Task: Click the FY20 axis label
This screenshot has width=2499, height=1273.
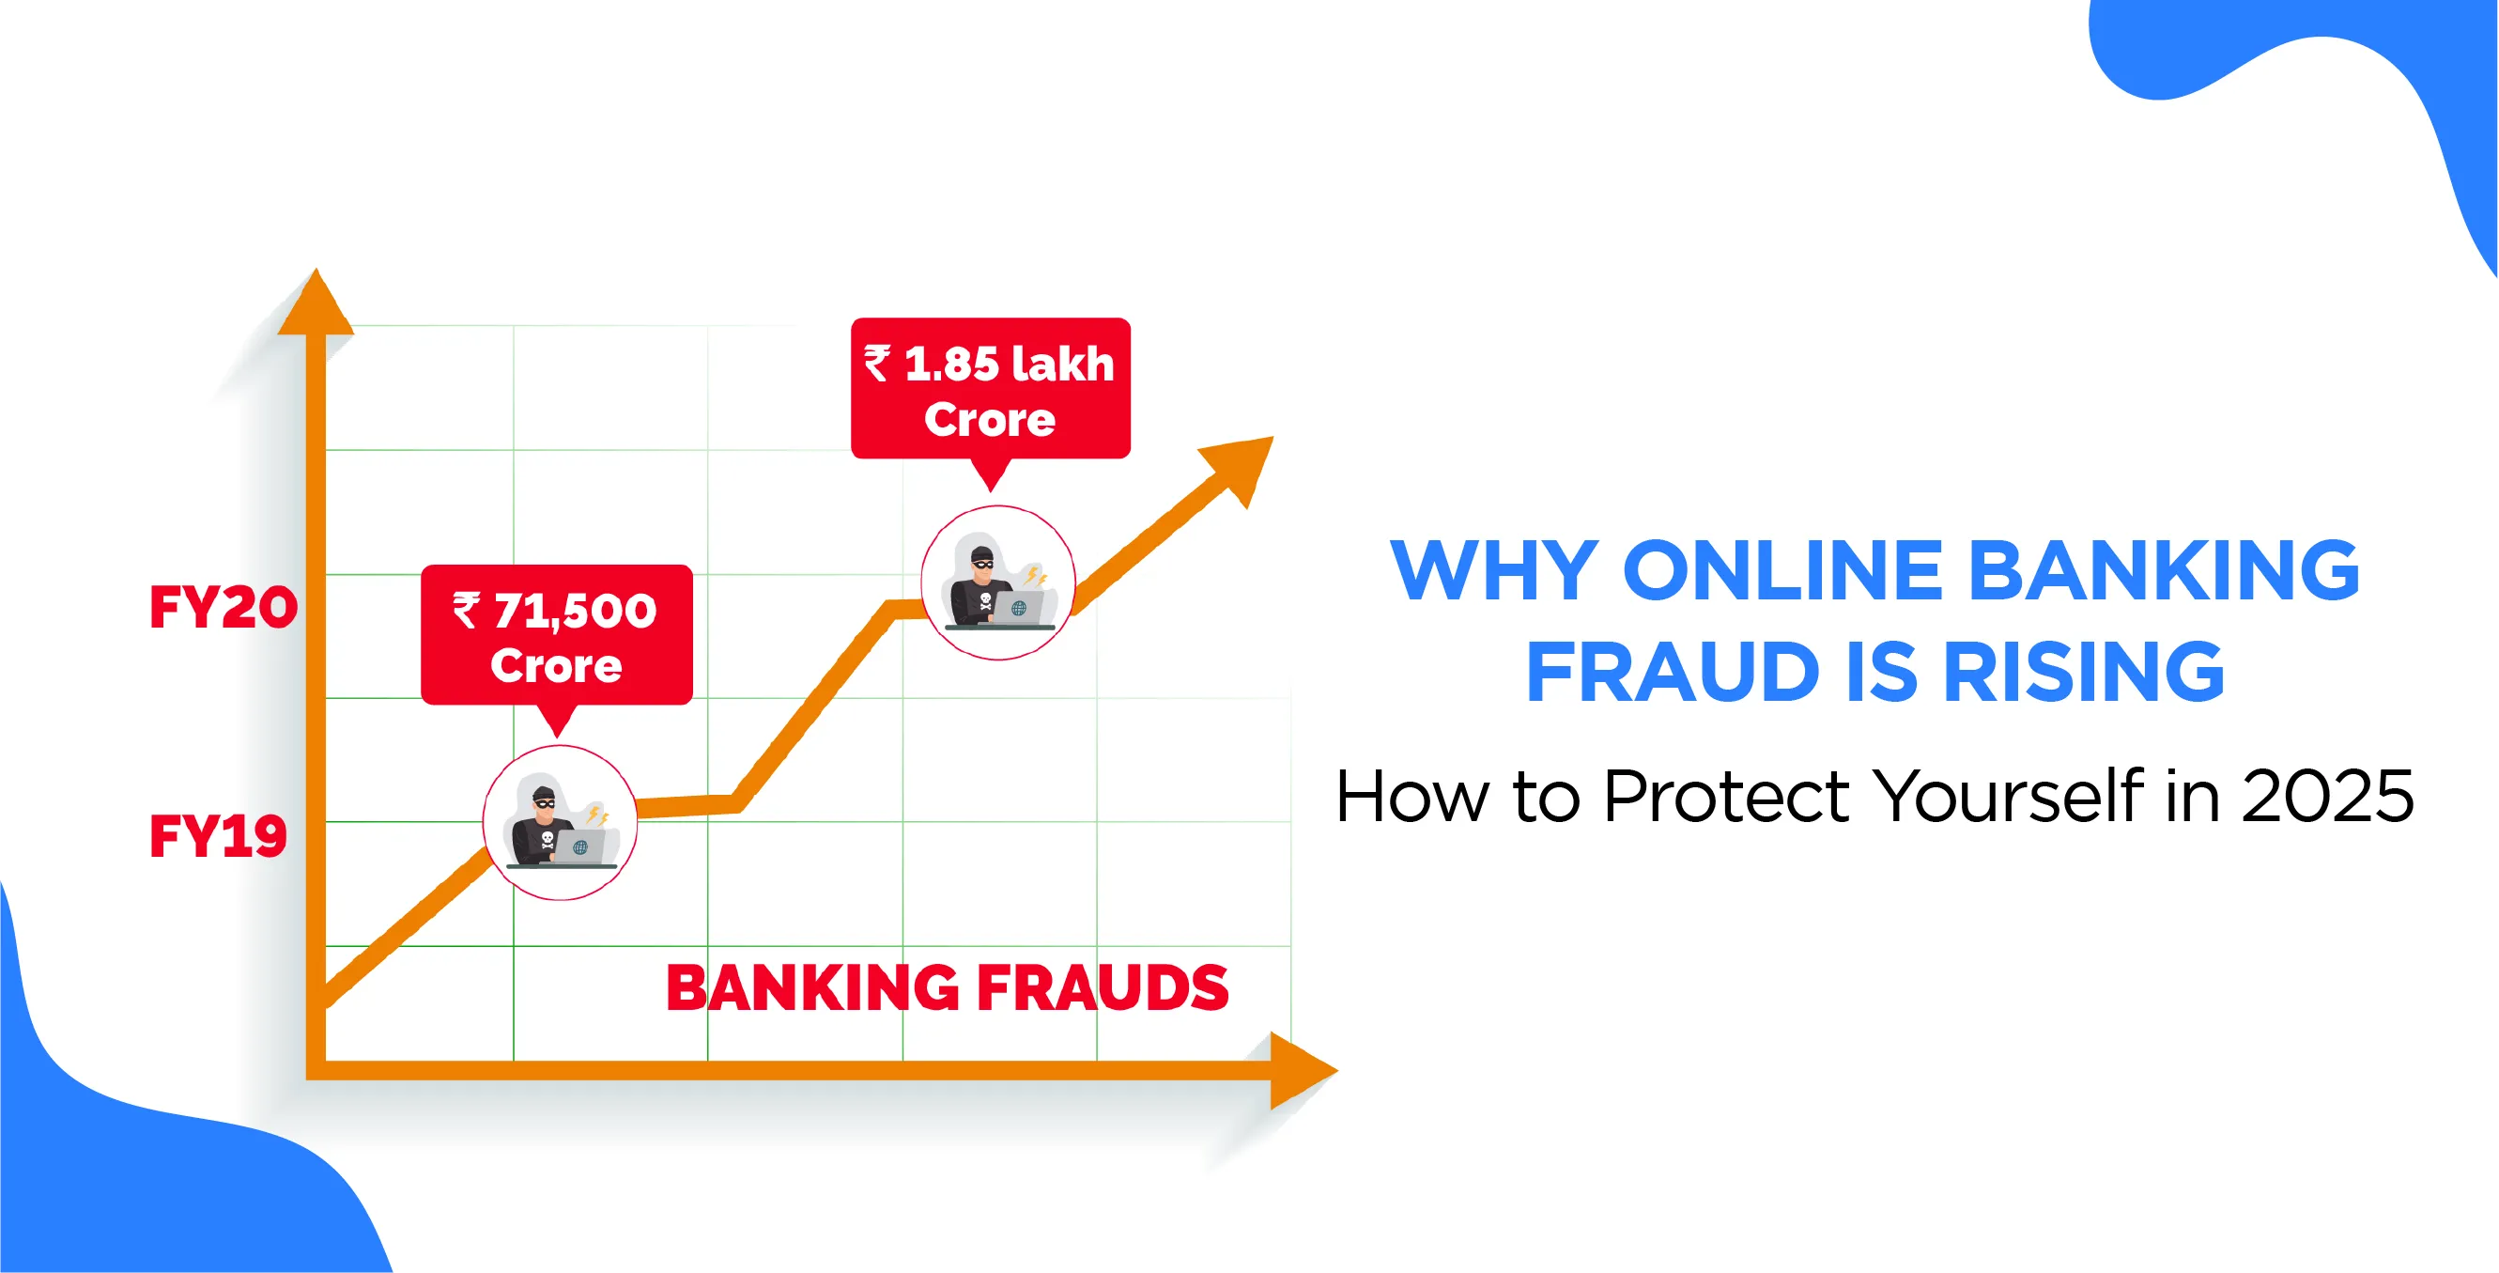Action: [x=224, y=608]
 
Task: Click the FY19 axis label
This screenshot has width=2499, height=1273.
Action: [x=218, y=835]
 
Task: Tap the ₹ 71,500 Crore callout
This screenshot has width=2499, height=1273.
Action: [x=557, y=635]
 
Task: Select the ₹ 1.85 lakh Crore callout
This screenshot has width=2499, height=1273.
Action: [x=991, y=389]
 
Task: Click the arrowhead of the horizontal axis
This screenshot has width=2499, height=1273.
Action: [x=1303, y=1070]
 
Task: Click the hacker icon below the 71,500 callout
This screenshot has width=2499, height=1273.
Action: [x=560, y=823]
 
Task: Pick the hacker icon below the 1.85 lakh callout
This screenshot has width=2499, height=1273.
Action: [x=998, y=583]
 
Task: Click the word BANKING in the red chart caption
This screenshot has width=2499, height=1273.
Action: [x=813, y=988]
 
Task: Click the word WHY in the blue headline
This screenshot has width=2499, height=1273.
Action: [x=1495, y=570]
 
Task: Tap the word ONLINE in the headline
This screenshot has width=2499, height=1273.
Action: [x=1783, y=570]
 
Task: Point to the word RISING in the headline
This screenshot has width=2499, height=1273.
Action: [x=2084, y=672]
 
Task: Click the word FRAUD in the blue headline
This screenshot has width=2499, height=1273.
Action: [x=1673, y=672]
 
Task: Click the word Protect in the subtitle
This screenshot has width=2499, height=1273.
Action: [x=1727, y=797]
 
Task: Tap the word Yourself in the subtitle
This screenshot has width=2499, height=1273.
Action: [x=2008, y=795]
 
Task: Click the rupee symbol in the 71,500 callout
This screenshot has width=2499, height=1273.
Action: [x=466, y=612]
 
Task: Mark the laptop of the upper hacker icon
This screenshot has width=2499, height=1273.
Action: [x=1017, y=608]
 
